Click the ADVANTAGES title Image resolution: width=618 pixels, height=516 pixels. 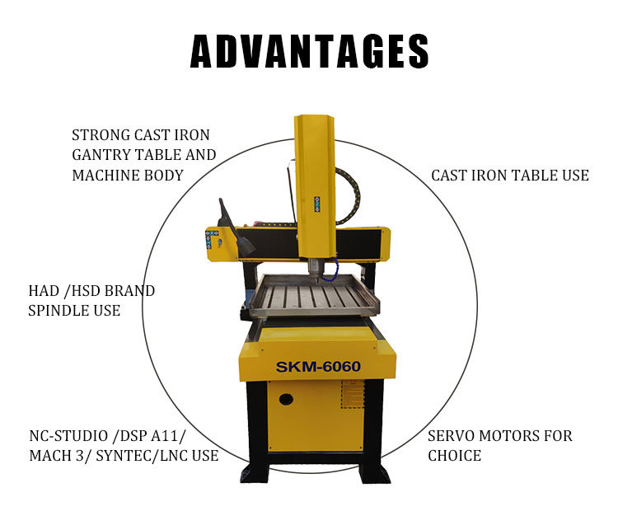(x=309, y=51)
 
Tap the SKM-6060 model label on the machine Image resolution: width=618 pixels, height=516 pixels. (x=318, y=367)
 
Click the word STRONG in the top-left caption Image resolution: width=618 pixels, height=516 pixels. (x=101, y=135)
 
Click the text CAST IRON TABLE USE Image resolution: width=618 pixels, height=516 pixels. (x=510, y=176)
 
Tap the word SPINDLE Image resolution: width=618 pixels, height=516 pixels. (x=59, y=311)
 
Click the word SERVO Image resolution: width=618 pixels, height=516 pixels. (x=451, y=436)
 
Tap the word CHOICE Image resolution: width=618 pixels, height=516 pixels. (x=454, y=456)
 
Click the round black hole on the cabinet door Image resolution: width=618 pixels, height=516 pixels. (x=286, y=399)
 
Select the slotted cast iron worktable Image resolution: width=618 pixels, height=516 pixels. (x=314, y=295)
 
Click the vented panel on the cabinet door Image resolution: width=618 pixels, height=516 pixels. (x=352, y=394)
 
